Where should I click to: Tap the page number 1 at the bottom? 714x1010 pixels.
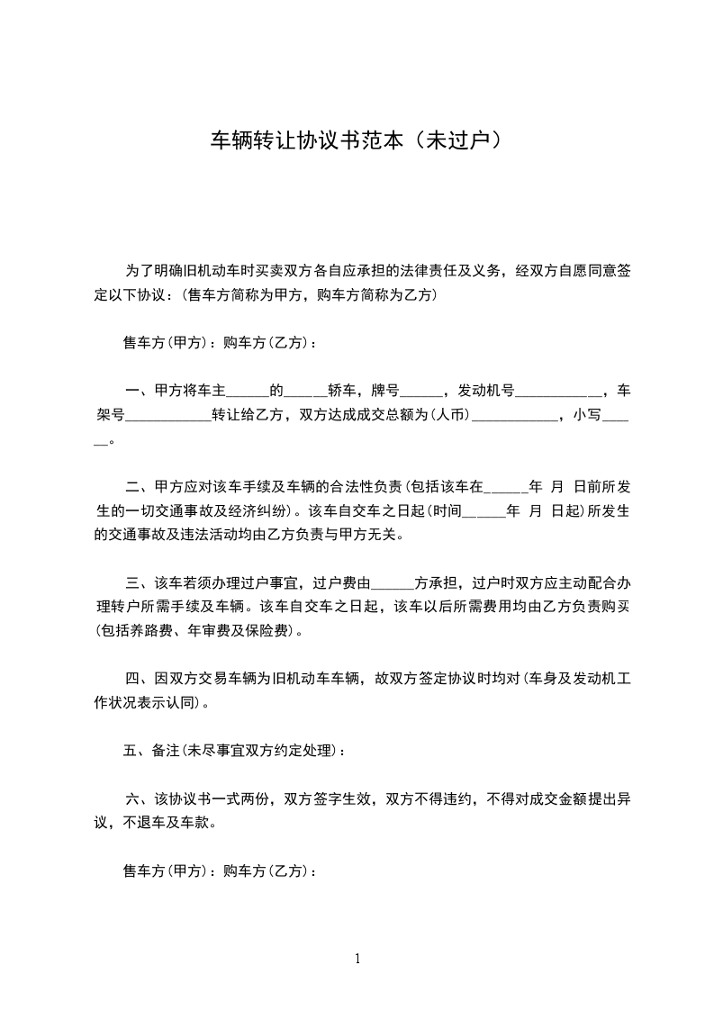coord(357,959)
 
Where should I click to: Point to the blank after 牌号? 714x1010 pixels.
coord(420,392)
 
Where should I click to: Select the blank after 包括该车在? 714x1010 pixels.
coord(506,488)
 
